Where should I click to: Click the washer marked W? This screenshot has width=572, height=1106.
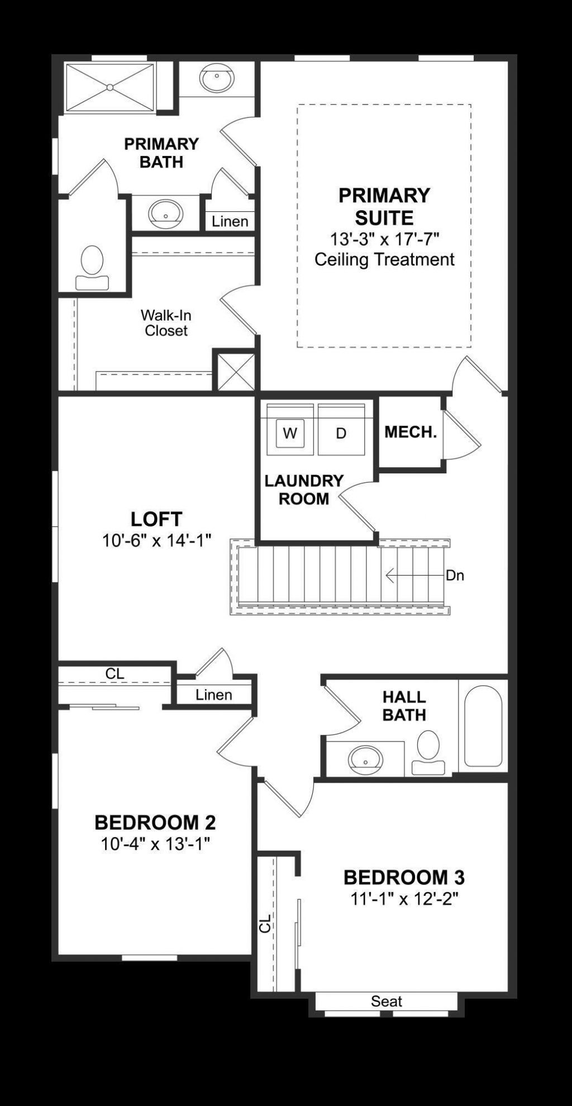pyautogui.click(x=289, y=433)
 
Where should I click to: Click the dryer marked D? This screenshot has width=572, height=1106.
pyautogui.click(x=341, y=433)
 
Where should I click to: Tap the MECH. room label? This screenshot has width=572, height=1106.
pyautogui.click(x=411, y=432)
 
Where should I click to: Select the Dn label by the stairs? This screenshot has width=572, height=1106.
pyautogui.click(x=455, y=576)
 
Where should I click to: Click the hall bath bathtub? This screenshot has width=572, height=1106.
pyautogui.click(x=483, y=725)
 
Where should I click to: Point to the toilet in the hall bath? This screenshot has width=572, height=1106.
pyautogui.click(x=428, y=752)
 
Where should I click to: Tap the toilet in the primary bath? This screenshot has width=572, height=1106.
pyautogui.click(x=92, y=267)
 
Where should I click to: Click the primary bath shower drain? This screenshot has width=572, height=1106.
pyautogui.click(x=110, y=87)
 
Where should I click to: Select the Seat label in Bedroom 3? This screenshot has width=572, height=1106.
pyautogui.click(x=387, y=1001)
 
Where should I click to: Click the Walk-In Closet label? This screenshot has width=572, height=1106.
pyautogui.click(x=166, y=323)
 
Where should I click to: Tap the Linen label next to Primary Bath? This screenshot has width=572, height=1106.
pyautogui.click(x=230, y=222)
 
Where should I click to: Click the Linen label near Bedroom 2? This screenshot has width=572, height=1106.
pyautogui.click(x=214, y=695)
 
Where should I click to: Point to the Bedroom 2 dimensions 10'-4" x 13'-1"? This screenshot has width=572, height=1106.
pyautogui.click(x=155, y=844)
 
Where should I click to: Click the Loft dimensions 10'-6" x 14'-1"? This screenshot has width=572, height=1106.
pyautogui.click(x=156, y=540)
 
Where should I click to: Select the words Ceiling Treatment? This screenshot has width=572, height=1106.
pyautogui.click(x=384, y=259)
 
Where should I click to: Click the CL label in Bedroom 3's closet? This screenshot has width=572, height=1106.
pyautogui.click(x=265, y=923)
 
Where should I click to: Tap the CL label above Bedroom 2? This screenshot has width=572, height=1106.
pyautogui.click(x=115, y=674)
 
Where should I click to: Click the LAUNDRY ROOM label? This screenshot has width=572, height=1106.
pyautogui.click(x=304, y=490)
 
